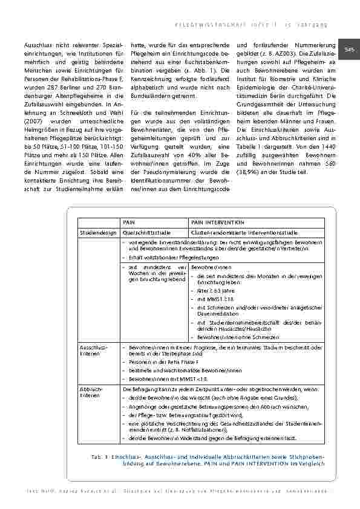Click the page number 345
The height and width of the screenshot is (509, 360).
pos(349,49)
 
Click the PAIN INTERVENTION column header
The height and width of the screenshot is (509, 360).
pos(217,222)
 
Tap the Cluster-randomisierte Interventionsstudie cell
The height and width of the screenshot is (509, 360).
pos(241,232)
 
